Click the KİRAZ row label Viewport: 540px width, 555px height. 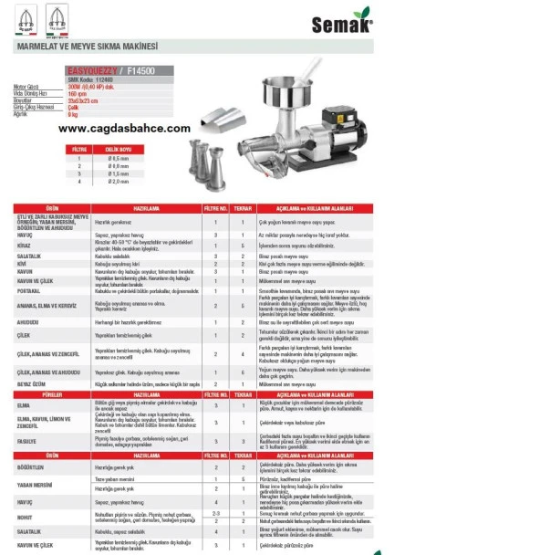[26, 246]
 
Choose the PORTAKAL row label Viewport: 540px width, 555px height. [31, 290]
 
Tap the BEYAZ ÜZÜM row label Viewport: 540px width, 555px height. [33, 384]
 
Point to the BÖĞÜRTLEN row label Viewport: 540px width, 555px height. [33, 466]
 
